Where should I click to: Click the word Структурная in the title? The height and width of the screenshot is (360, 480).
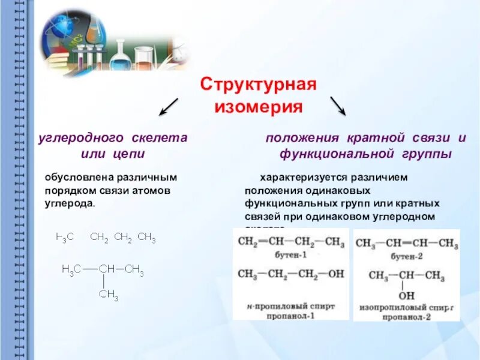pos(257,83)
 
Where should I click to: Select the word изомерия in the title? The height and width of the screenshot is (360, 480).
pos(258,107)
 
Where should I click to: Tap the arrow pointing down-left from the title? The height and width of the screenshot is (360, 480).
pos(169,106)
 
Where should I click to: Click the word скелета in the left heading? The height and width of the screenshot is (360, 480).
pos(160,137)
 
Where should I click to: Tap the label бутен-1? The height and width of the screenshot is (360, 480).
pos(290,255)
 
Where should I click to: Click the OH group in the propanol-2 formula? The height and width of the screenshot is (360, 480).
pos(407,296)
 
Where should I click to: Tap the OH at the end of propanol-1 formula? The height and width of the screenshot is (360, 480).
pos(336,274)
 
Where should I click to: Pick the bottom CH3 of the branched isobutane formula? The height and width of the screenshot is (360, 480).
pos(109,295)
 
